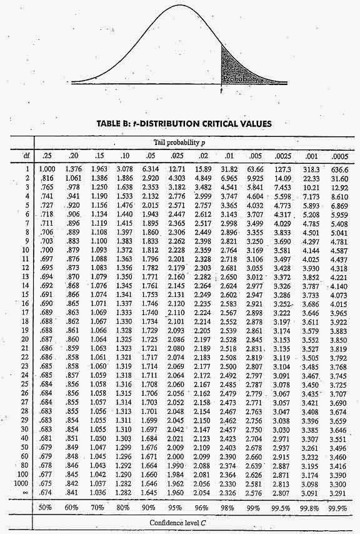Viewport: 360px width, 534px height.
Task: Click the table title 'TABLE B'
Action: click(114, 123)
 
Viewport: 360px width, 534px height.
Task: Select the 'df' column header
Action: click(25, 156)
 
